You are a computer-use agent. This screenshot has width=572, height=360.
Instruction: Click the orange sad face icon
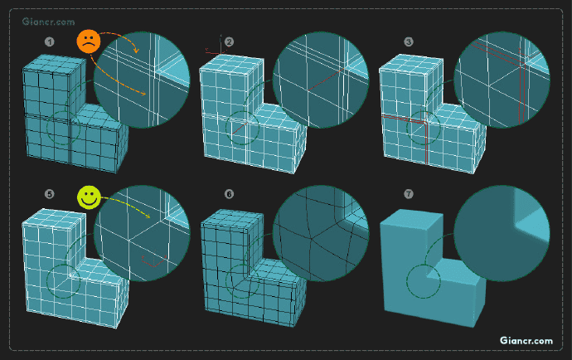click(x=89, y=41)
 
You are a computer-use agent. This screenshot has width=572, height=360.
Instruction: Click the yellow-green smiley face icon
click(x=89, y=197)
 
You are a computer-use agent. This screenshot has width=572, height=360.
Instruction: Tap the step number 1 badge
click(x=50, y=42)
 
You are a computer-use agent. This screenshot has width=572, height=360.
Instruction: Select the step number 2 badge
click(x=229, y=42)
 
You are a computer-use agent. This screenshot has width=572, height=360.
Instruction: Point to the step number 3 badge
click(x=409, y=42)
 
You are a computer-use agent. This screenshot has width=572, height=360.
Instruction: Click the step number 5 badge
click(x=50, y=194)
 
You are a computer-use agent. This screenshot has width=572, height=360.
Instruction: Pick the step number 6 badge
click(x=229, y=194)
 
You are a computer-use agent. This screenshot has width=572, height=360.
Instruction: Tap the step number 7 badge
click(x=409, y=194)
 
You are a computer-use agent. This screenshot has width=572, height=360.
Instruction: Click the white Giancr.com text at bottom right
click(x=526, y=341)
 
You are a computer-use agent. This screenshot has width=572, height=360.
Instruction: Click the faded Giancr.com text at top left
click(x=48, y=22)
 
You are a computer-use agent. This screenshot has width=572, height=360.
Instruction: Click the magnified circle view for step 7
click(x=502, y=233)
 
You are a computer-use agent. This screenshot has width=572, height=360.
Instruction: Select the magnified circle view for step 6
click(x=321, y=233)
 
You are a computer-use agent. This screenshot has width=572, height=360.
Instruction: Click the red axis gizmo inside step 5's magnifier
click(x=154, y=260)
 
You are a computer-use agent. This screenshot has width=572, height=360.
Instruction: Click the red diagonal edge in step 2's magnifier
click(x=326, y=80)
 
